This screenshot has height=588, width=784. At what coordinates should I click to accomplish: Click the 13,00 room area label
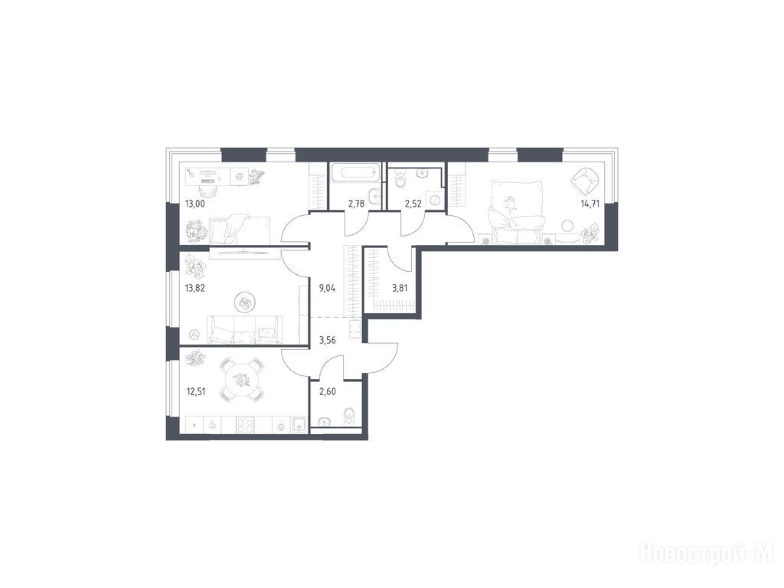tap(195, 204)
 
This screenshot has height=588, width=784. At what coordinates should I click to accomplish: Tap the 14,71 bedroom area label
tap(590, 204)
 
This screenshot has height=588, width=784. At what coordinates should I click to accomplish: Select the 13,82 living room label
tap(195, 288)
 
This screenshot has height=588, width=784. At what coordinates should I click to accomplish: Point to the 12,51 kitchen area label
tap(195, 391)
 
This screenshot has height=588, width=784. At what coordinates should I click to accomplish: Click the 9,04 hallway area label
tap(328, 288)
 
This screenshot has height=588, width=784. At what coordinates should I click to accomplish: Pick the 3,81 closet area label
tap(400, 288)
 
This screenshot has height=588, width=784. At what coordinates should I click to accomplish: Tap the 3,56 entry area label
tap(328, 340)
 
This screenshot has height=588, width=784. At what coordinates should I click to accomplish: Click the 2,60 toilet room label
tap(328, 391)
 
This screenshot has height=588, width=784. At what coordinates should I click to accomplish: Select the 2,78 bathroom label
tap(357, 204)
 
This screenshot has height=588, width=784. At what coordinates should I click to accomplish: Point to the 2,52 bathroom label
tap(413, 204)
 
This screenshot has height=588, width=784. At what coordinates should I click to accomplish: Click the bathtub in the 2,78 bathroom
tap(356, 174)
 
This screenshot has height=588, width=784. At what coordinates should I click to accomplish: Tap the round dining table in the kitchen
tap(243, 379)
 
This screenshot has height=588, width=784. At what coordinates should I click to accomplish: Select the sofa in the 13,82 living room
tap(242, 329)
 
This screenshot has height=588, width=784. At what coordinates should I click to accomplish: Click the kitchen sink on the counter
tap(299, 425)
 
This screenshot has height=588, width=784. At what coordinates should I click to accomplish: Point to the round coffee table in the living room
tap(245, 302)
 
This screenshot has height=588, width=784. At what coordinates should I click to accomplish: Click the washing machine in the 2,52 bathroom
tap(435, 199)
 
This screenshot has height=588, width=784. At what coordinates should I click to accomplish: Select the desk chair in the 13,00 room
tap(207, 191)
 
